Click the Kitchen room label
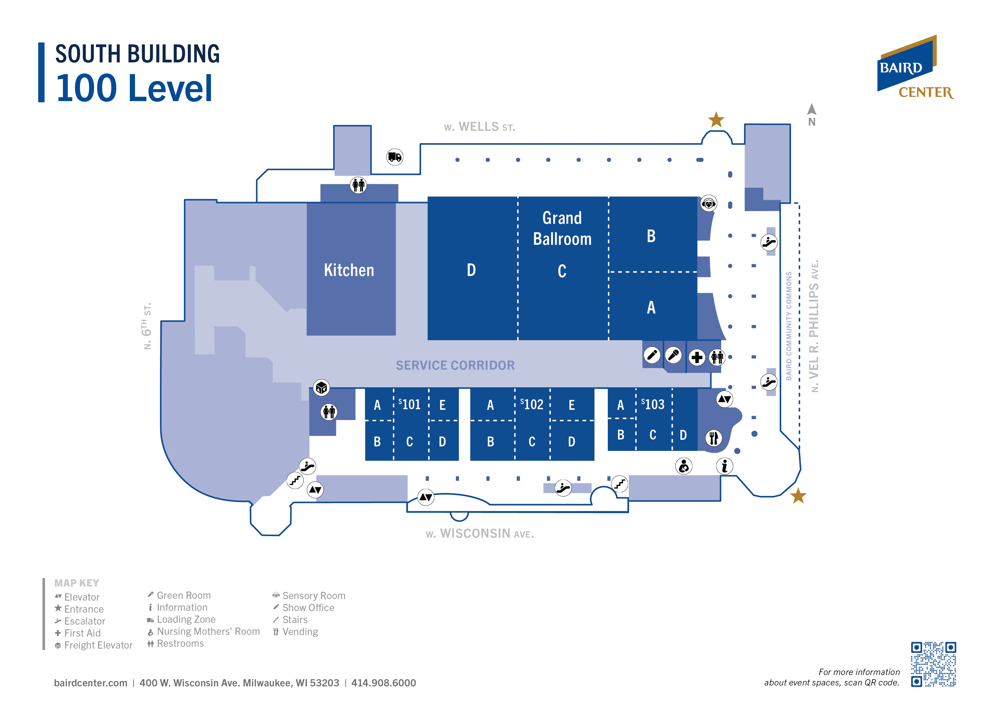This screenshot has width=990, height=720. pyautogui.click(x=349, y=270)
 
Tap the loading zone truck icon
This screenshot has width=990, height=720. pyautogui.click(x=394, y=157)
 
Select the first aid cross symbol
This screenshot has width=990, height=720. pyautogui.click(x=697, y=357)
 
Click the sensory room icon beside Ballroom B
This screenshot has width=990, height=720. pyautogui.click(x=709, y=203)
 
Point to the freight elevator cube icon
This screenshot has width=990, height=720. pyautogui.click(x=321, y=387)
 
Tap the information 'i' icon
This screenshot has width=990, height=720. pyautogui.click(x=724, y=466)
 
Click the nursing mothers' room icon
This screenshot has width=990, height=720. pyautogui.click(x=684, y=466)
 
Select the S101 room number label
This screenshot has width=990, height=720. pyautogui.click(x=409, y=404)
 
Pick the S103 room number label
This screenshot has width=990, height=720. pyautogui.click(x=653, y=404)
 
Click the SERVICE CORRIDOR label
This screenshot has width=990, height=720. pyautogui.click(x=455, y=365)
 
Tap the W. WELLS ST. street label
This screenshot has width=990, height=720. pyautogui.click(x=479, y=127)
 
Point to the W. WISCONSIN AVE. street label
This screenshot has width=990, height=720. pyautogui.click(x=480, y=534)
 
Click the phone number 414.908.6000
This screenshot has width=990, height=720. pyautogui.click(x=384, y=683)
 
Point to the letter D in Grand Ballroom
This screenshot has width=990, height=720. pyautogui.click(x=471, y=270)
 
